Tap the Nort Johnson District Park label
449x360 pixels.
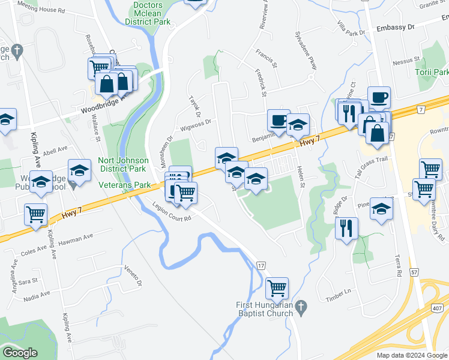coord(122,164)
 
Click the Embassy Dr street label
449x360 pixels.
coord(396,28)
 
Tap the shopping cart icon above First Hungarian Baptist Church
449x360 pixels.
coord(277,289)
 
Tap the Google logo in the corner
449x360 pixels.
coord(20,353)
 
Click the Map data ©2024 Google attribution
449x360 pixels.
coord(412,355)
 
